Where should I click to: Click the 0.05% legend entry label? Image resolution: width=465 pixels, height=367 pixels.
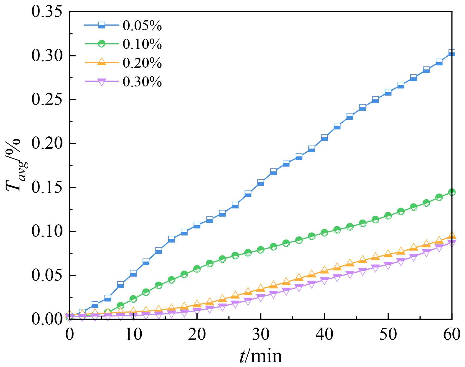click(142, 26)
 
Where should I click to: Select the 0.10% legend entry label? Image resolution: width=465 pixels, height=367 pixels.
click(142, 44)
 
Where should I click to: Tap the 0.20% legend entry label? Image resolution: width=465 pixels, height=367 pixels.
click(142, 63)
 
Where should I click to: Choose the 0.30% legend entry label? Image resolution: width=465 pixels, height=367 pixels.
click(142, 82)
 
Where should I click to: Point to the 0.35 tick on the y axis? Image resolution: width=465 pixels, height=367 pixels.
click(47, 12)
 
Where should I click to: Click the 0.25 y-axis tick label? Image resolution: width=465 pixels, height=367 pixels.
click(47, 100)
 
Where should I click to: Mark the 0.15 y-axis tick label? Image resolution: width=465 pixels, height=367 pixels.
click(47, 188)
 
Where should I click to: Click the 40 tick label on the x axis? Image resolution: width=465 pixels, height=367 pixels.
click(324, 334)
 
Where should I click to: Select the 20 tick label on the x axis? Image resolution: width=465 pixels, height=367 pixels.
click(197, 334)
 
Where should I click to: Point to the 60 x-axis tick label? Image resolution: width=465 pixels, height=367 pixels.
click(452, 334)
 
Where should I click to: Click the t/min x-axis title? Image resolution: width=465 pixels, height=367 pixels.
click(260, 356)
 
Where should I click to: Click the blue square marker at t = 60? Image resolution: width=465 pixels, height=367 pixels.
click(452, 53)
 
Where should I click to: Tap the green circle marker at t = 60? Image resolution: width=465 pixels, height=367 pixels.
click(452, 192)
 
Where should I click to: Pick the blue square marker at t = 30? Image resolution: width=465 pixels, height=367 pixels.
click(261, 183)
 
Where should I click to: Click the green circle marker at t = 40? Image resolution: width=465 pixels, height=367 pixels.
click(324, 233)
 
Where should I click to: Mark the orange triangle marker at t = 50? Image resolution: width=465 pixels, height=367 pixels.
click(388, 253)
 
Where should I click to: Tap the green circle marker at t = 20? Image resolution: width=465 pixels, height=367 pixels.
click(197, 269)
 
